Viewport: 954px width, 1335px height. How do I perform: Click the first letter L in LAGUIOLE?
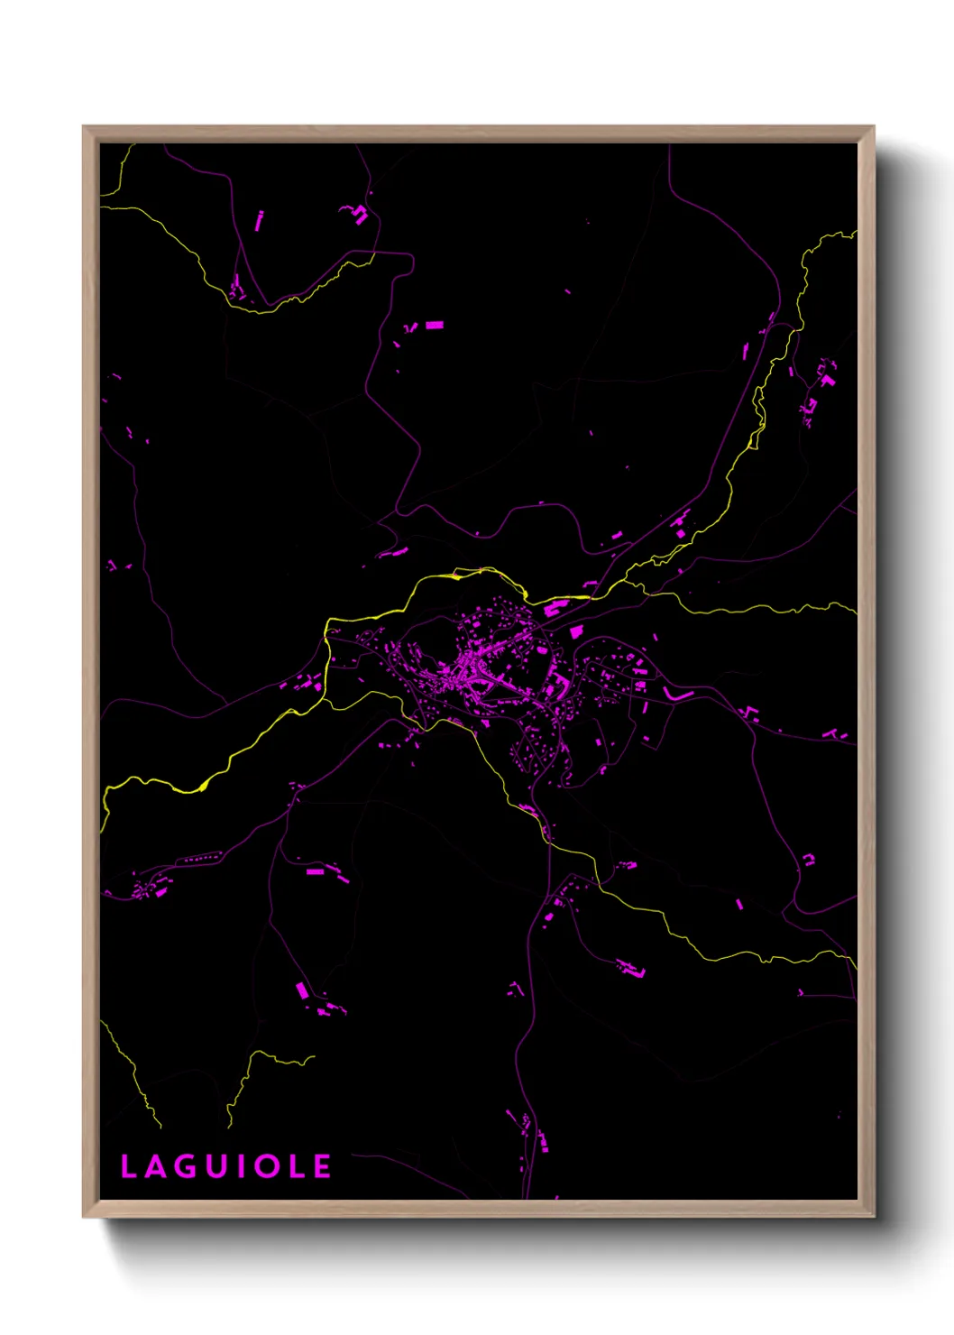click(128, 1167)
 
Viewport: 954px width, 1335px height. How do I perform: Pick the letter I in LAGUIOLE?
click(241, 1167)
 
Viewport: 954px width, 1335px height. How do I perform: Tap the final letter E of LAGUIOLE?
click(323, 1167)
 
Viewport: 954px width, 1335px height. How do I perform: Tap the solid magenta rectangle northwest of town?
click(435, 325)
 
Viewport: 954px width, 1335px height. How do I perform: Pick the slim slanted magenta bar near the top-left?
click(260, 220)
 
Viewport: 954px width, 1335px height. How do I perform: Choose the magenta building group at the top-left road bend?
click(359, 214)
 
